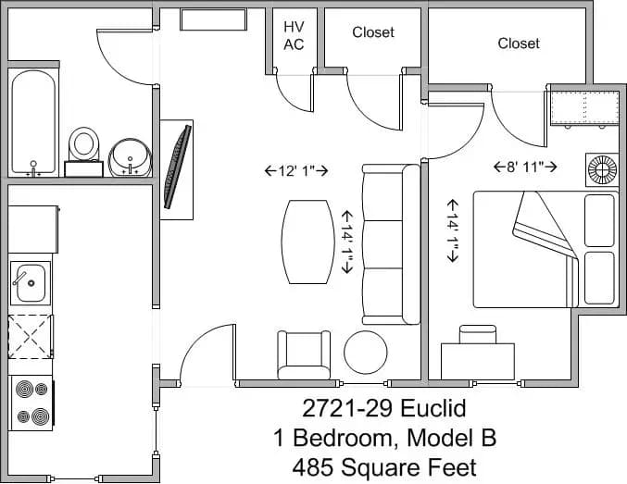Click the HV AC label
point(294,35)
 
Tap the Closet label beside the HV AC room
point(372,32)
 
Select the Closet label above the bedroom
point(518,43)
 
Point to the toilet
point(84,148)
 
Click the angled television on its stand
point(177,168)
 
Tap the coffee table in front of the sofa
point(307,243)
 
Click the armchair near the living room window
point(303,354)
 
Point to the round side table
point(365,352)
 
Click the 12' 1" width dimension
point(296,170)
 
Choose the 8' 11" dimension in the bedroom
point(525,167)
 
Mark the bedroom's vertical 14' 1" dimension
point(454,230)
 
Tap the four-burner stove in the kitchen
point(31,403)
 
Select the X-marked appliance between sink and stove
point(31,336)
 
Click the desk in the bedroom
point(477,357)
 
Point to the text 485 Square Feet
point(383,466)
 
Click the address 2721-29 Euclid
point(383,408)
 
